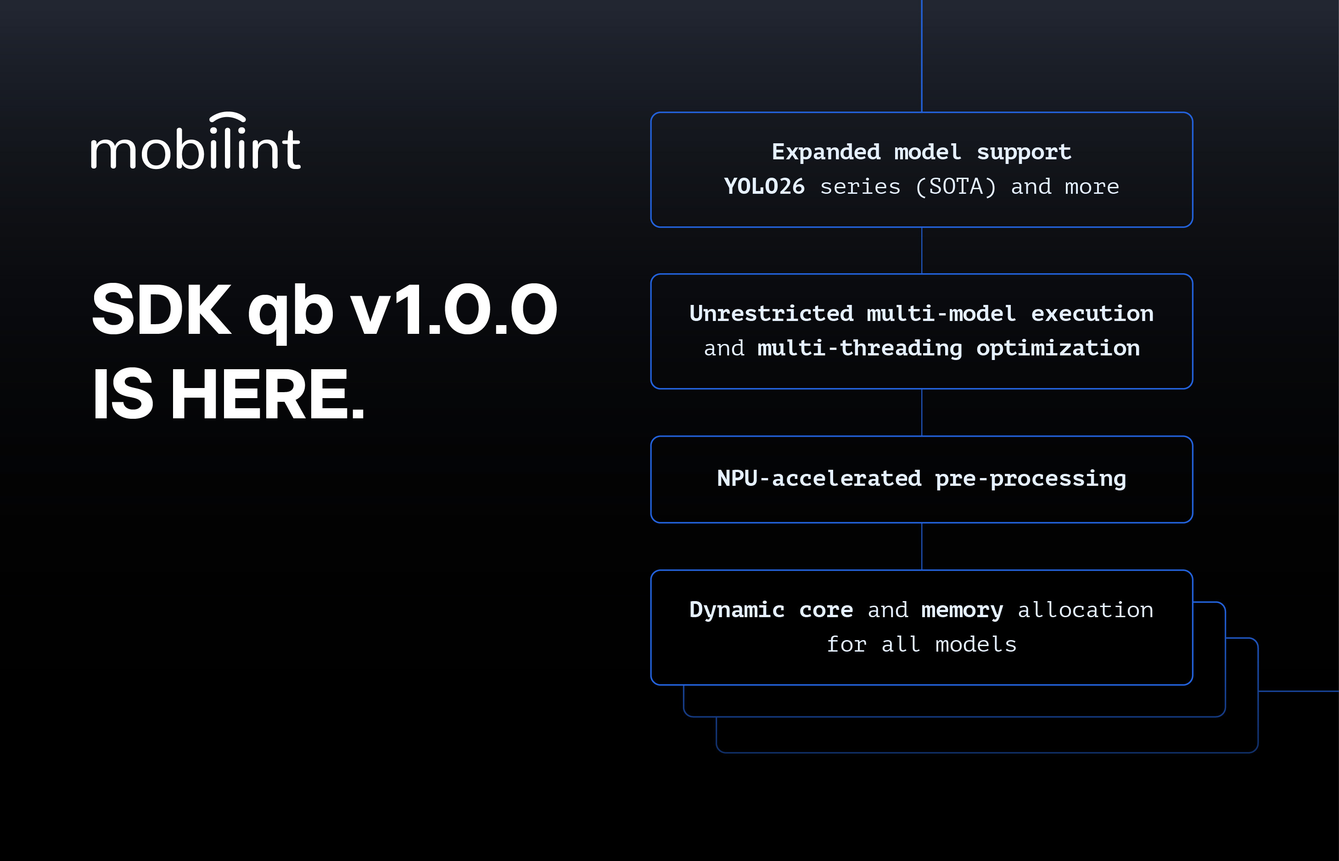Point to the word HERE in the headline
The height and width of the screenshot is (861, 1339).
point(267,394)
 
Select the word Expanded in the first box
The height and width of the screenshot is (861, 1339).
point(825,152)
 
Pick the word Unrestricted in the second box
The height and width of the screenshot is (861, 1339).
point(771,314)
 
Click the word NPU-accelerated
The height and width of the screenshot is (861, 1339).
point(819,478)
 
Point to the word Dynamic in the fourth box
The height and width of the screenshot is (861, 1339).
point(737,610)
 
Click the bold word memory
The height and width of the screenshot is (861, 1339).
point(962,610)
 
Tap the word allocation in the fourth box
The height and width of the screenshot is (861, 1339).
point(1085,610)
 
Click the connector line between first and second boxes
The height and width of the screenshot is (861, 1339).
point(922,250)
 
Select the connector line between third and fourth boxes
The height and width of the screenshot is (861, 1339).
point(922,546)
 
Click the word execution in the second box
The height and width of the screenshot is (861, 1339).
point(1092,314)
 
